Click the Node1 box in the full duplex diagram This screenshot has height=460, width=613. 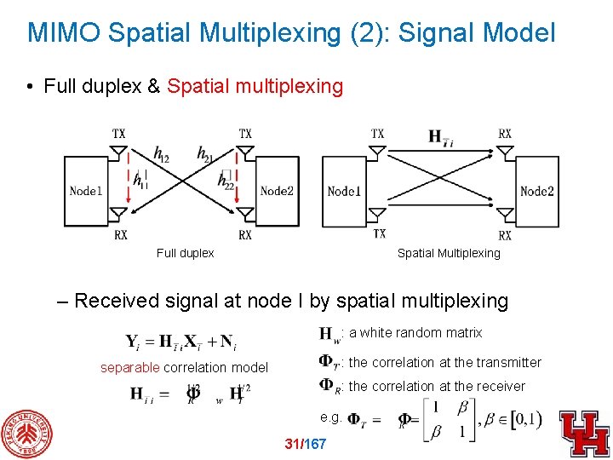(x=85, y=191)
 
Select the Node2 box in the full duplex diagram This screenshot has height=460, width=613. (x=277, y=191)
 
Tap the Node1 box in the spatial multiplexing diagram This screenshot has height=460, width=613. (x=344, y=191)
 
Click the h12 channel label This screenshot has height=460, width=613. (x=162, y=152)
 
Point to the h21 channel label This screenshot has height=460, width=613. (x=205, y=152)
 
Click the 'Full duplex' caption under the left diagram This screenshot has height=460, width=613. (x=185, y=253)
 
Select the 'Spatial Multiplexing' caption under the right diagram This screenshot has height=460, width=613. (x=449, y=253)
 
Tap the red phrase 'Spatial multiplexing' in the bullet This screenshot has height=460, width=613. (x=255, y=86)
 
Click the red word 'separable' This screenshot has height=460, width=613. (x=129, y=368)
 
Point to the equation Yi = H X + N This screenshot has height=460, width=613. (x=181, y=342)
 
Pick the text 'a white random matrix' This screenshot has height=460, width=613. (x=415, y=333)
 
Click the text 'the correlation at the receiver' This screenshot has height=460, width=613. (x=437, y=386)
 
